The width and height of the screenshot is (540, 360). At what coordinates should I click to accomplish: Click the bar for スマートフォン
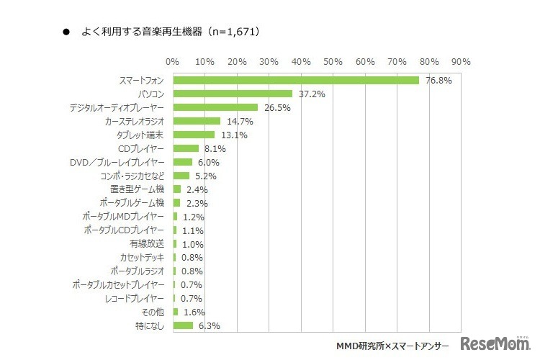click(296, 80)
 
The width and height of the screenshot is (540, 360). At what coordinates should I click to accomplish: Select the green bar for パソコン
click(233, 94)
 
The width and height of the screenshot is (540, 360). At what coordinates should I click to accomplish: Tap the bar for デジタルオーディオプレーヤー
click(215, 107)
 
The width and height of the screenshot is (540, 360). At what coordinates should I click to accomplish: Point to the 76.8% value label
click(438, 81)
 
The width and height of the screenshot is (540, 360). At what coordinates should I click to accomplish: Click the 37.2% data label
click(310, 94)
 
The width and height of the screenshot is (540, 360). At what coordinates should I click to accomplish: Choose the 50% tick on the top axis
click(333, 60)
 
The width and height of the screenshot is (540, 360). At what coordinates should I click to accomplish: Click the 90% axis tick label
click(462, 60)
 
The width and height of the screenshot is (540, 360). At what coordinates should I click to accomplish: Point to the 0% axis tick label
click(173, 60)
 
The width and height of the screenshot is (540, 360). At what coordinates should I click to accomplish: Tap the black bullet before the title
click(66, 32)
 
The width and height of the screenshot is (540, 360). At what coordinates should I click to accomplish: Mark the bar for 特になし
click(183, 325)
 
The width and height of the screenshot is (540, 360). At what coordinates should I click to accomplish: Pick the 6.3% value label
click(208, 326)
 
